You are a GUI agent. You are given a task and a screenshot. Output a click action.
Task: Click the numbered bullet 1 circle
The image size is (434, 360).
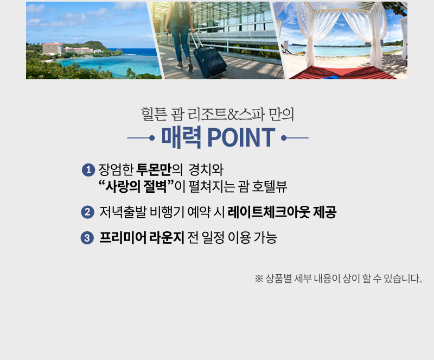88,169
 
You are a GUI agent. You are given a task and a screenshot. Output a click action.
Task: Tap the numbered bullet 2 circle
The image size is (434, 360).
87,212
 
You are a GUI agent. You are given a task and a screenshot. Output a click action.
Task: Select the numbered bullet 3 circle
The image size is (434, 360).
87,238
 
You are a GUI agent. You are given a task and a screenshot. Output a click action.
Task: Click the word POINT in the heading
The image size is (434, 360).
241,137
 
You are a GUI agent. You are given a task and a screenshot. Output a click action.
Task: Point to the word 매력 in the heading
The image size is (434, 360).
181,137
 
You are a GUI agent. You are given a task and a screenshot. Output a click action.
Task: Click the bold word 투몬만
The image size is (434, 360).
154,169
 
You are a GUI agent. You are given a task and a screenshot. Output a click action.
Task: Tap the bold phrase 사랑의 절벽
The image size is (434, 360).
136,186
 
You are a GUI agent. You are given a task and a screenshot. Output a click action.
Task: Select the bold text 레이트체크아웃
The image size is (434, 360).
269,212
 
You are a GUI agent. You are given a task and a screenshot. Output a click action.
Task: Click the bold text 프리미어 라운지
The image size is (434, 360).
142,237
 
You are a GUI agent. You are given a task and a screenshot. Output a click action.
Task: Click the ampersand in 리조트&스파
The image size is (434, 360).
232,115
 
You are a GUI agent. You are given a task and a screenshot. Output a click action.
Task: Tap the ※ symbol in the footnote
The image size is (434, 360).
259,279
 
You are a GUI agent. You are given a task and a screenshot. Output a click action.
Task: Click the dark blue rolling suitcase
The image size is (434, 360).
209,61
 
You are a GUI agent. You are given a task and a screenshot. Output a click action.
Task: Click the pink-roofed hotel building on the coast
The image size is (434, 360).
53,49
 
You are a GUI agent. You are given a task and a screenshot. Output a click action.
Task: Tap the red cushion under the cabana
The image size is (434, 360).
341,73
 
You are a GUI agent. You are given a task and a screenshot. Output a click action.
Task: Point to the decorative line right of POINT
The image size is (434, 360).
295,138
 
